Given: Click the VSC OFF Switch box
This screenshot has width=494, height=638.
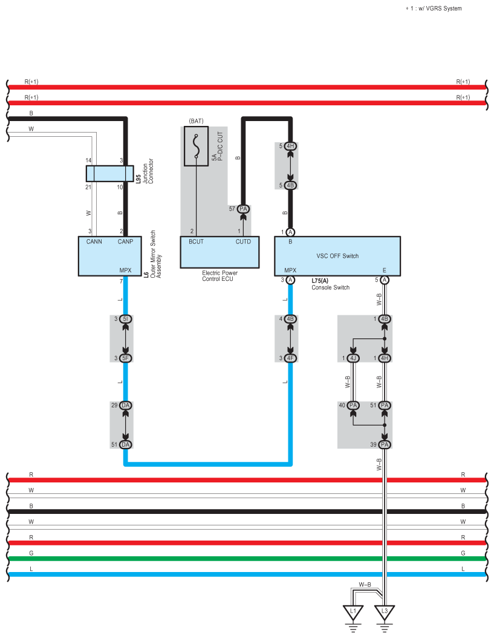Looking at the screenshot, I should [337, 256].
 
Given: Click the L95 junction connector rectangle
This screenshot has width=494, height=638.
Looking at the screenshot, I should [109, 174].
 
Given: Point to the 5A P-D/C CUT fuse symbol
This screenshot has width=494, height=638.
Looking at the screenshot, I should [196, 146].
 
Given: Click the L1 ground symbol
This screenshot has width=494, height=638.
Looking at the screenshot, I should [353, 612].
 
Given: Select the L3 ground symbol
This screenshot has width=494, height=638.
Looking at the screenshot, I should [385, 612].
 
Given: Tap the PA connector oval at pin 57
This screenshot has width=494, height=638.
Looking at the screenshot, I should [244, 209].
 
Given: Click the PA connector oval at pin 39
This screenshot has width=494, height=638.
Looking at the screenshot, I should [385, 445].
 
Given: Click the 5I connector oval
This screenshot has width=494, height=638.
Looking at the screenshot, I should [126, 319].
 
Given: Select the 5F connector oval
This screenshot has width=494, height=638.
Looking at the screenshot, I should [126, 358].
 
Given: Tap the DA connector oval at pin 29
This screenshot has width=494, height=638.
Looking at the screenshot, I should [126, 406].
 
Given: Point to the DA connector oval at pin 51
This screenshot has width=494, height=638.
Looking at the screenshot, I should [126, 445].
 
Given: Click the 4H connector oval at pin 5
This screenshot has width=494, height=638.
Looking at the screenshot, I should [290, 146].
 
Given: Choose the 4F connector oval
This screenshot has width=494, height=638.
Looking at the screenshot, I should [290, 358].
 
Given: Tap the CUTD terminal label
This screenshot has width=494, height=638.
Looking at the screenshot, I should [243, 242].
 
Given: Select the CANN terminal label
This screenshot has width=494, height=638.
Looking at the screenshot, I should [94, 242].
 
